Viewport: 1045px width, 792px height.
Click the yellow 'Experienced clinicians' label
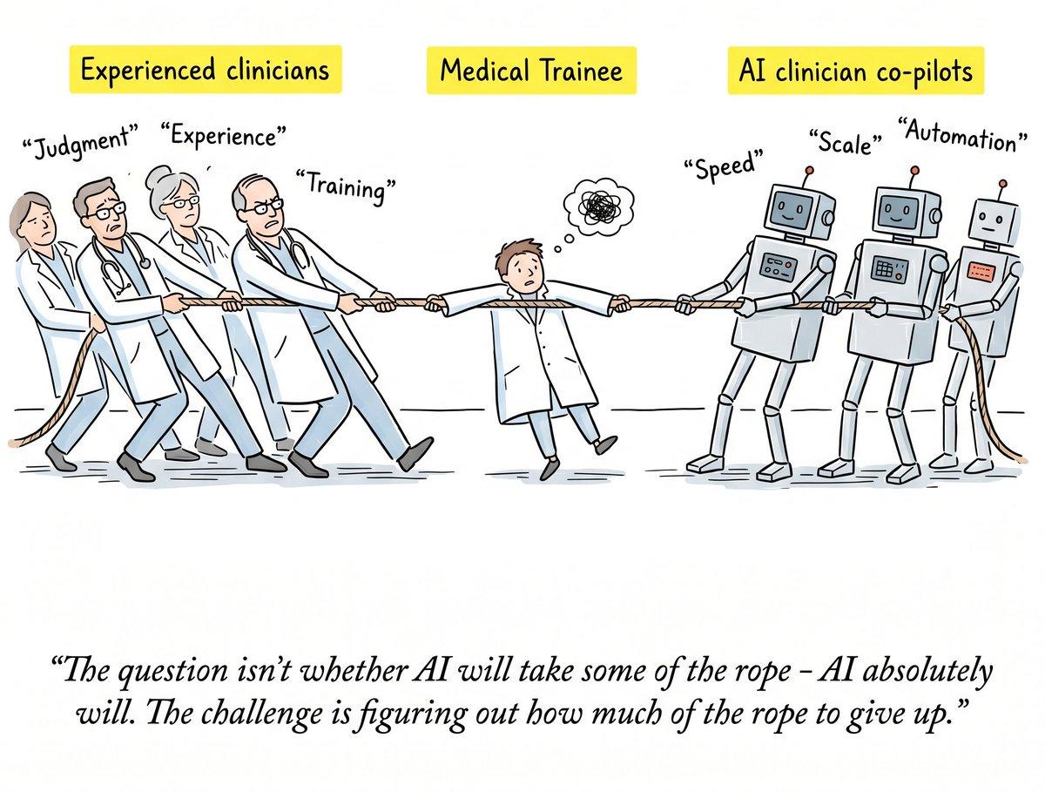click(x=206, y=70)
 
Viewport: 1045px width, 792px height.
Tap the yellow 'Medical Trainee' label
click(x=531, y=71)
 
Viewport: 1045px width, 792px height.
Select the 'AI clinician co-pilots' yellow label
click(x=855, y=71)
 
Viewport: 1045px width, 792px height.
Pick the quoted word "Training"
click(x=346, y=186)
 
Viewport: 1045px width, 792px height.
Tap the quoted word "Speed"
click(x=725, y=166)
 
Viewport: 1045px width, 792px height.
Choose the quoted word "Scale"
click(x=846, y=141)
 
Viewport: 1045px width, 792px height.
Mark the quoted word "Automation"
click(x=962, y=135)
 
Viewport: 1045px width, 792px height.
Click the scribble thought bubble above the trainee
click(x=598, y=204)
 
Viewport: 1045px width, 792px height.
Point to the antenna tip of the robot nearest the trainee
click(x=809, y=170)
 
